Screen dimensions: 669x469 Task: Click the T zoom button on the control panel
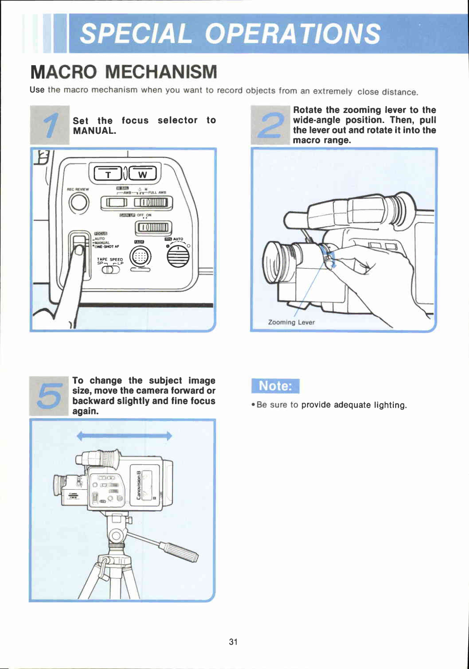[x=108, y=174]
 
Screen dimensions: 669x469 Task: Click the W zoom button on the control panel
[x=142, y=174]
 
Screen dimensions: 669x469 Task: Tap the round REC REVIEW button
[x=79, y=203]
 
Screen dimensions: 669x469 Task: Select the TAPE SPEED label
[x=110, y=259]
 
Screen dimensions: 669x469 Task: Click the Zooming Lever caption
[x=291, y=322]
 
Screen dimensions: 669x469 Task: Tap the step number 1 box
[x=50, y=125]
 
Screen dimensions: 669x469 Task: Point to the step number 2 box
[x=270, y=125]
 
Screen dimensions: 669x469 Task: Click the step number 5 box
[x=49, y=396]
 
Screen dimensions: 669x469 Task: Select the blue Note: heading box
[x=275, y=386]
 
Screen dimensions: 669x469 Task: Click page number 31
[x=233, y=642]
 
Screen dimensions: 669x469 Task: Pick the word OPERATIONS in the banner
[x=292, y=34]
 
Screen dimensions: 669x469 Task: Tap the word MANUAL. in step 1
[x=94, y=131]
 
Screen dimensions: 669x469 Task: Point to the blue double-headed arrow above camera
[x=124, y=436]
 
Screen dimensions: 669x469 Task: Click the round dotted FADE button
[x=141, y=257]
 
